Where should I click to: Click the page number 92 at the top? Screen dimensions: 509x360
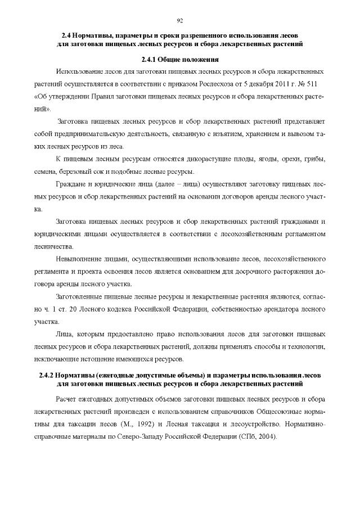click(180, 21)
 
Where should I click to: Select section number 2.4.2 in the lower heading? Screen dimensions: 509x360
click(50, 375)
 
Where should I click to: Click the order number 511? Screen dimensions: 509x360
click(318, 84)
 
